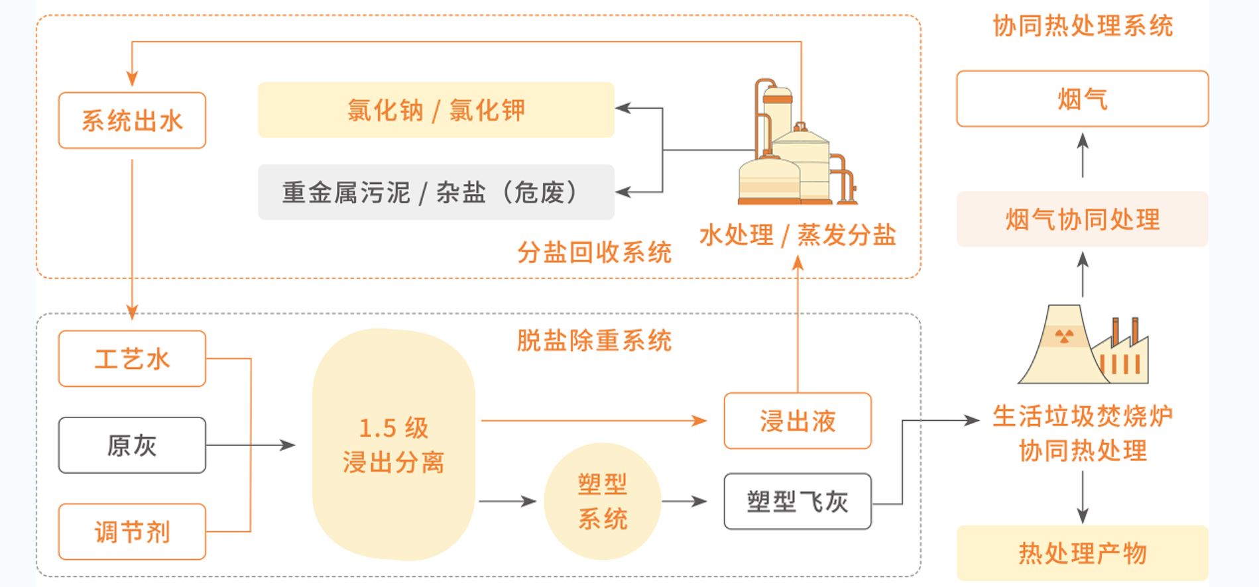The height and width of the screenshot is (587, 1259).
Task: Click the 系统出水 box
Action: pos(132,121)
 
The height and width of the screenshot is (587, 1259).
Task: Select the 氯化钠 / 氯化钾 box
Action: pos(436,110)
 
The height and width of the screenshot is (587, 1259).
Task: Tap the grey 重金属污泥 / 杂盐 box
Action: pos(436,192)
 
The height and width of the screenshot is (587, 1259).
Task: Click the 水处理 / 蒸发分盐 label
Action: pos(798,235)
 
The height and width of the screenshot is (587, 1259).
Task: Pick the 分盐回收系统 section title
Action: pos(594,252)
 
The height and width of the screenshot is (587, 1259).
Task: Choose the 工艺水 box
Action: pos(132,358)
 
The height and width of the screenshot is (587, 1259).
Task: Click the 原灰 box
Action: pos(132,445)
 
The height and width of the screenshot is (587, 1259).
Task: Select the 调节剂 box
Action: pos(132,531)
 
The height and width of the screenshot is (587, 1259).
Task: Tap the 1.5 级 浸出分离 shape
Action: pos(394,445)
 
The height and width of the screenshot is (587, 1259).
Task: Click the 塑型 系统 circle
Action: pos(602,502)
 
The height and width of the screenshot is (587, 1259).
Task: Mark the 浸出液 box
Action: pos(798,421)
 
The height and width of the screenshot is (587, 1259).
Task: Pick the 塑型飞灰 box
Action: pos(798,502)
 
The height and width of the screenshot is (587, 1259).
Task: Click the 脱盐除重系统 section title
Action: pos(594,341)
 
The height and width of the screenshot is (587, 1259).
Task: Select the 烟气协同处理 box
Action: pos(1082,219)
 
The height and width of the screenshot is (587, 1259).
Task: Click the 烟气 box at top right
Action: pos(1082,99)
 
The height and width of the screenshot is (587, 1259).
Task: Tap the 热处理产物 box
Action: pos(1082,553)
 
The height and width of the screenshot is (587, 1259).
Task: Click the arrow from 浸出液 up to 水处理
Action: pos(798,325)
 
